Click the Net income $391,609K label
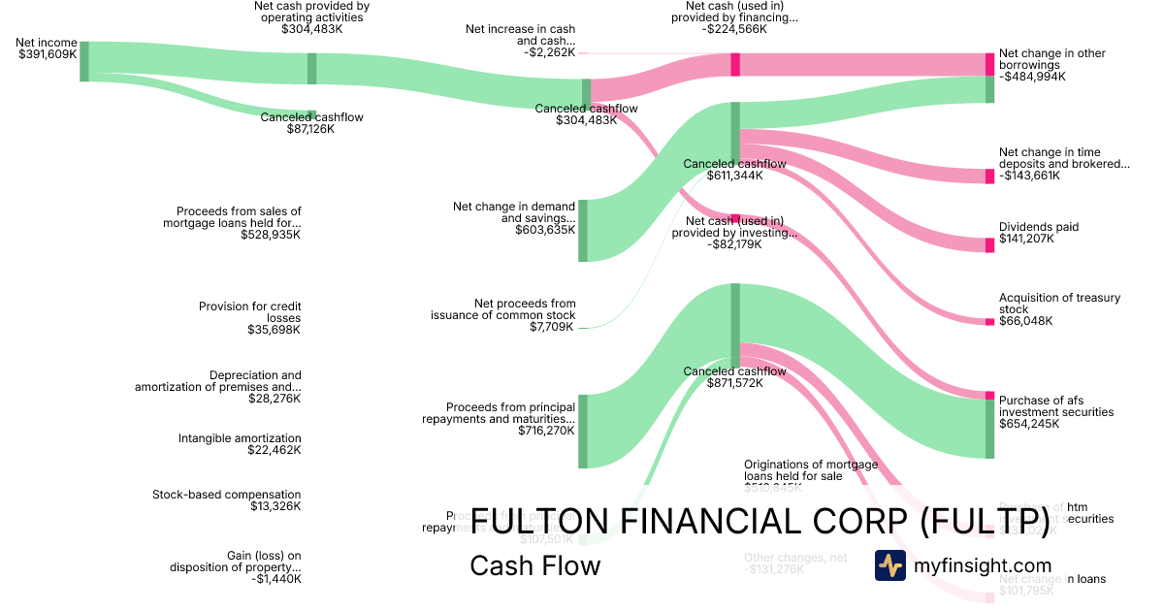[47, 48]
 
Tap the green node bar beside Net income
[84, 61]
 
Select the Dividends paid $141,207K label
[1039, 233]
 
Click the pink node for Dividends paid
[989, 244]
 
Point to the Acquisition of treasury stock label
[1059, 309]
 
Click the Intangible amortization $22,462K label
[240, 444]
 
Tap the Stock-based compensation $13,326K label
[226, 500]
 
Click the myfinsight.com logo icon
[889, 565]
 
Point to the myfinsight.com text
[983, 565]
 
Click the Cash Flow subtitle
[534, 565]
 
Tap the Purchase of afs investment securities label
[1056, 411]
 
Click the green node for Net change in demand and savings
[583, 231]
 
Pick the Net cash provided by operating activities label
[311, 16]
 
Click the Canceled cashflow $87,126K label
[311, 123]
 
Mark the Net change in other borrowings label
[1051, 65]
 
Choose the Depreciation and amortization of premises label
[218, 387]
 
